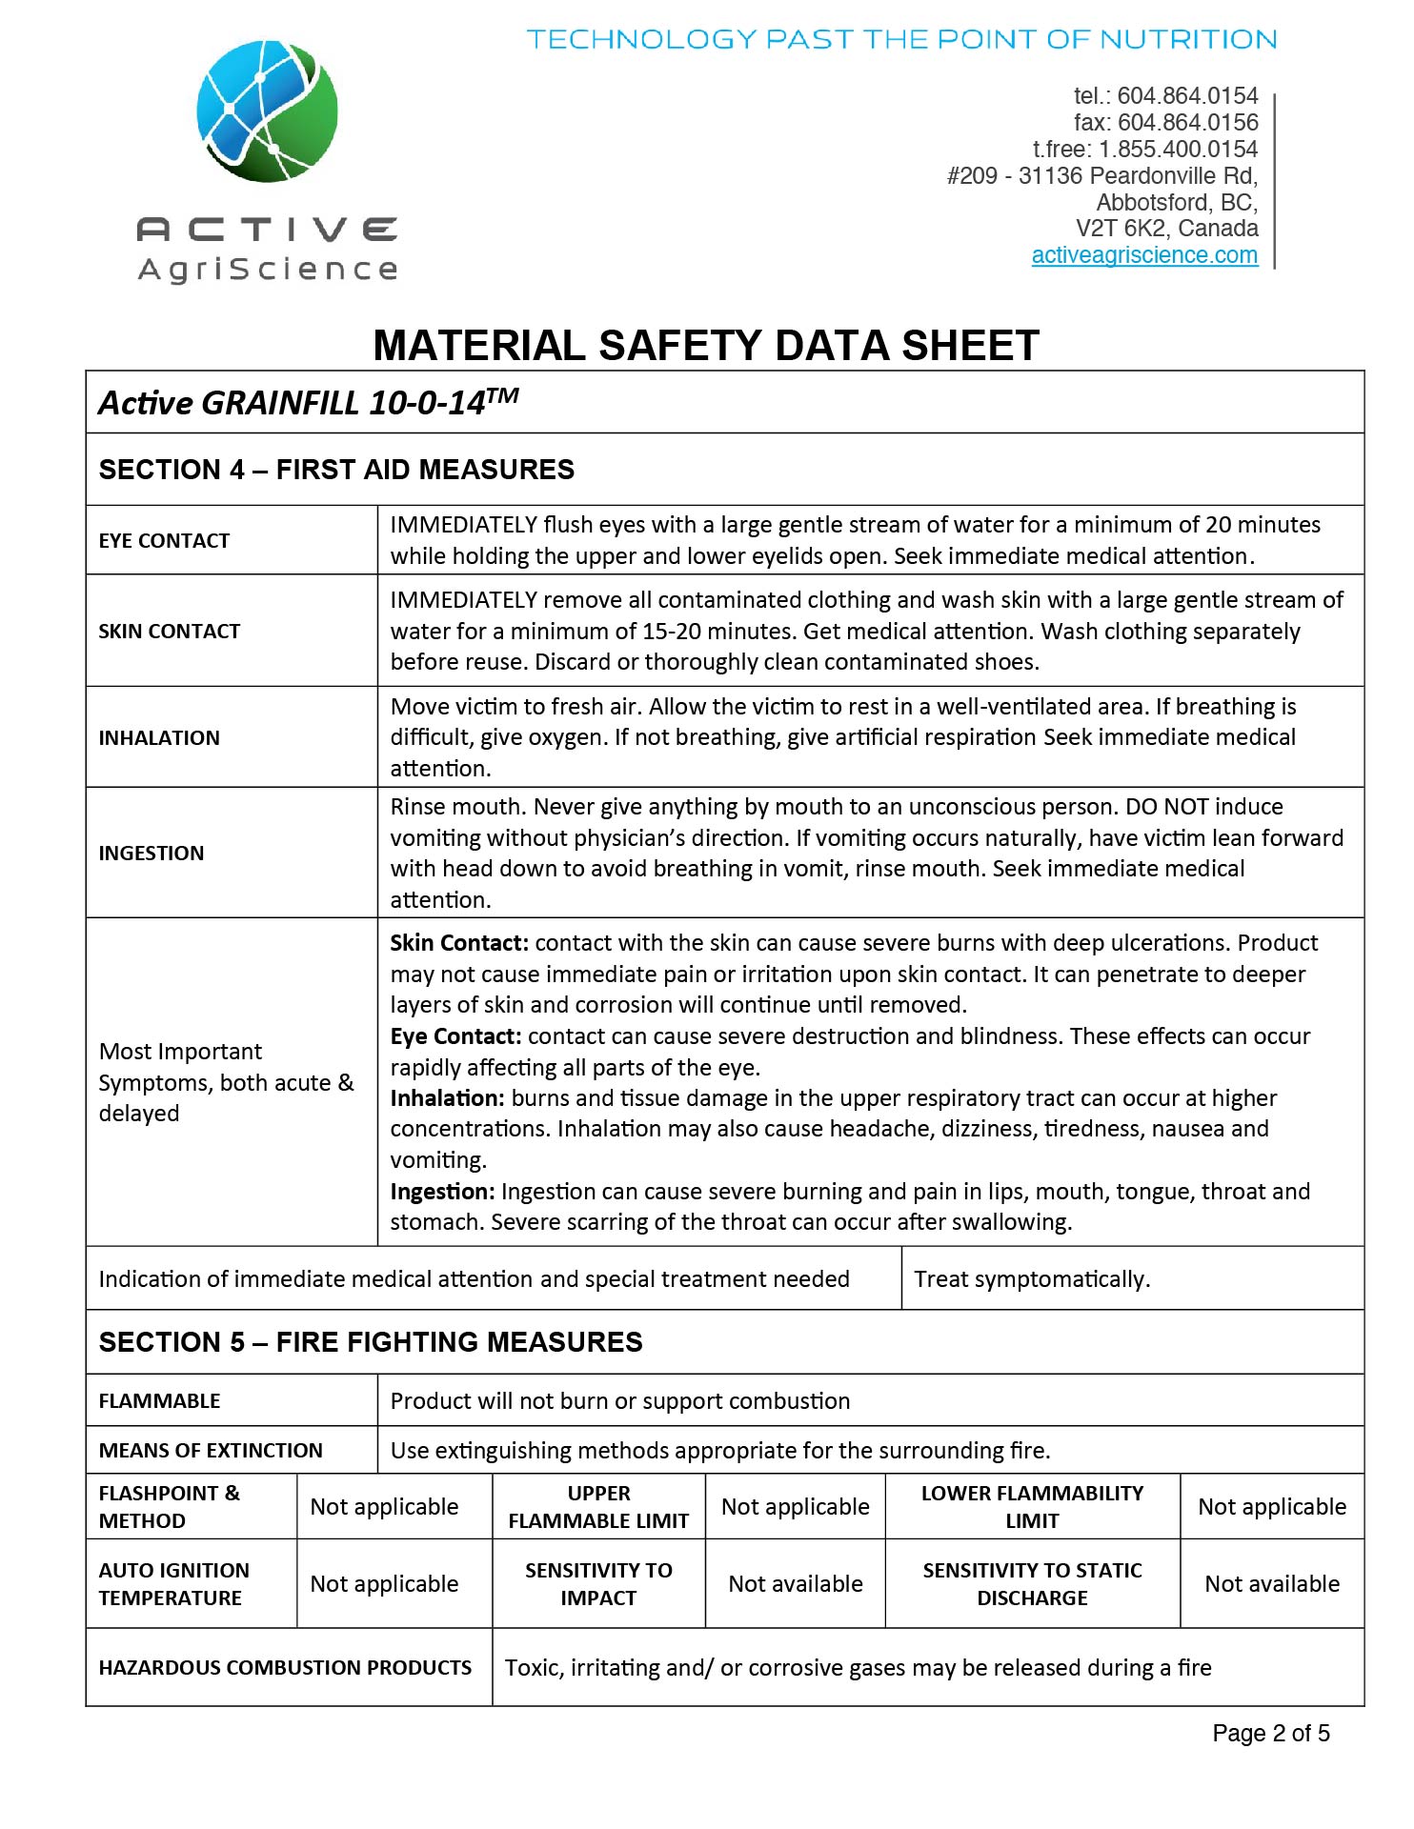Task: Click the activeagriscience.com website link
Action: pos(1143,255)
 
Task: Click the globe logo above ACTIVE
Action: pos(267,111)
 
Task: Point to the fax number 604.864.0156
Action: pos(1187,123)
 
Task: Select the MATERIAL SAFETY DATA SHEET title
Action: pos(705,345)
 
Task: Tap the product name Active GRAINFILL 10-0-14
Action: pos(308,403)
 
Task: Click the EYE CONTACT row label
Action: pos(164,541)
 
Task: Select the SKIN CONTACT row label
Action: pos(170,632)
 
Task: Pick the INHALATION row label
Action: pos(159,738)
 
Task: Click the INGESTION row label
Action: pos(151,854)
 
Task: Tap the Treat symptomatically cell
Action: pos(1032,1279)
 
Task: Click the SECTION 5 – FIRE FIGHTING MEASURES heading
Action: pos(371,1342)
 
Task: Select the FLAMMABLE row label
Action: pos(159,1401)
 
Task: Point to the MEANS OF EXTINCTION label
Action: pos(211,1451)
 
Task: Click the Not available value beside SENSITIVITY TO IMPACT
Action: pos(796,1584)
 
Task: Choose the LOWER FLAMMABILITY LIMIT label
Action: pos(1032,1507)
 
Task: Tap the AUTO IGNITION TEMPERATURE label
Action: pos(173,1584)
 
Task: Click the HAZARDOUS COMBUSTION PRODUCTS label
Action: pos(285,1668)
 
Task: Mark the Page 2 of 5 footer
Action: pos(1270,1734)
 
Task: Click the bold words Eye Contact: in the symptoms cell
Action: pos(455,1036)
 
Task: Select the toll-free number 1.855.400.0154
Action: pos(1178,150)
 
